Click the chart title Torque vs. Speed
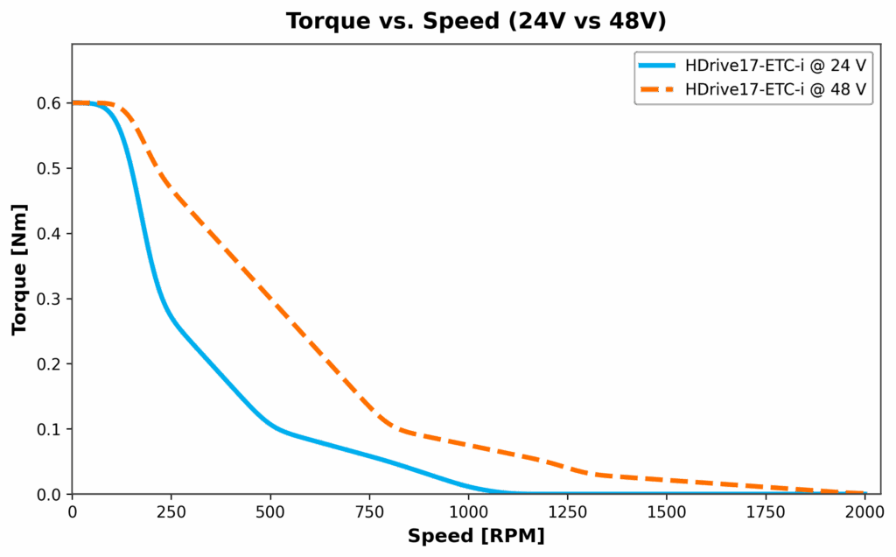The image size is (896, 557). [476, 22]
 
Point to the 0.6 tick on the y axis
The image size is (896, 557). [49, 103]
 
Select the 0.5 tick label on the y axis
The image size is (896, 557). [49, 168]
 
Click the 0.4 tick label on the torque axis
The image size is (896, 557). [49, 234]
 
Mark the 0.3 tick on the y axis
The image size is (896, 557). [49, 300]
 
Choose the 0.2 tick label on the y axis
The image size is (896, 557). [49, 364]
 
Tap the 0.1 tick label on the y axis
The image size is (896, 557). [49, 430]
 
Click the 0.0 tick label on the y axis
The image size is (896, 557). [49, 495]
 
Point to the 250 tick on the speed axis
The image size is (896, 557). [171, 511]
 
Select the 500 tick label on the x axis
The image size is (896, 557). [270, 511]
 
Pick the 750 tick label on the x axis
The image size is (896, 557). [369, 511]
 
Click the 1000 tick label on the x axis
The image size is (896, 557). [468, 511]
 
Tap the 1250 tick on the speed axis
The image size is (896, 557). [568, 511]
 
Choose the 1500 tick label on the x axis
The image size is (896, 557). [667, 511]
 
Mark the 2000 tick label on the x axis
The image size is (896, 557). [865, 511]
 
